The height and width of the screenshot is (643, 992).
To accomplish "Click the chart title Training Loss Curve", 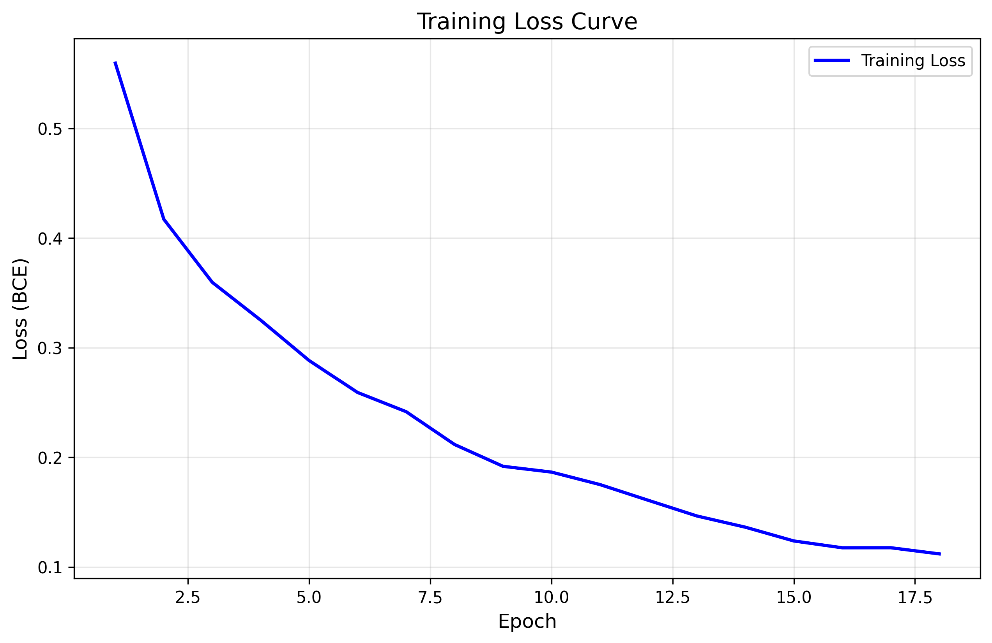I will (527, 22).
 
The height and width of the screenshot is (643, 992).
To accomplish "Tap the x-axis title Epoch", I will (527, 622).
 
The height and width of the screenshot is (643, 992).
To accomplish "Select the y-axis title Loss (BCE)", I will (20, 308).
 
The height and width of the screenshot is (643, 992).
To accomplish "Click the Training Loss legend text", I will (913, 61).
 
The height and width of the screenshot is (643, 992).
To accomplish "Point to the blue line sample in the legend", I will (831, 61).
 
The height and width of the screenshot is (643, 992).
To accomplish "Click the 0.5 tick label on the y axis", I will (50, 129).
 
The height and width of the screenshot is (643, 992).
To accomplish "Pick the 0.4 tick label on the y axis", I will (50, 239).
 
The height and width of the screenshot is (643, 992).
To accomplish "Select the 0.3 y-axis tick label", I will (50, 349).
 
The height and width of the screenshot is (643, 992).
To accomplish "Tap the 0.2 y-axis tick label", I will (50, 458).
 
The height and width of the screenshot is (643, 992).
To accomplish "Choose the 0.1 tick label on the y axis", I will (50, 567).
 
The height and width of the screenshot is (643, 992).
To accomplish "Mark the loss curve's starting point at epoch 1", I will (115, 62).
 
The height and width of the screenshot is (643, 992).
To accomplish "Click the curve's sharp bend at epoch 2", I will (164, 219).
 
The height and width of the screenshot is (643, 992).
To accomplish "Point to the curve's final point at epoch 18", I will (939, 554).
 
